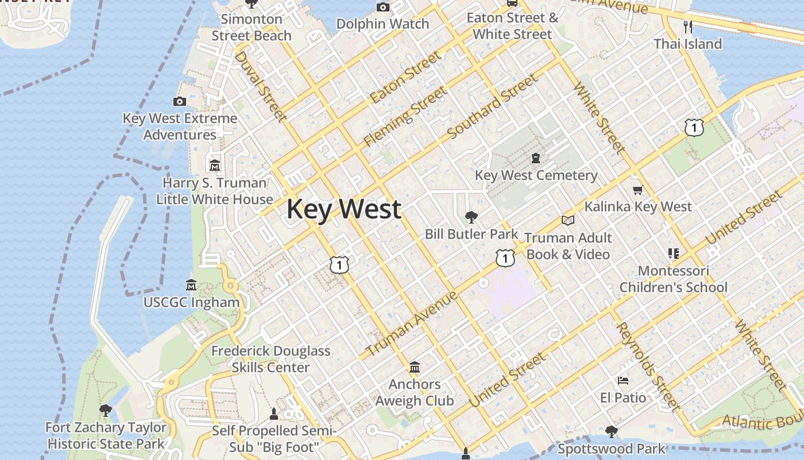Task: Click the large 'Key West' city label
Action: pyautogui.click(x=343, y=209)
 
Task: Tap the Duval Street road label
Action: pyautogui.click(x=260, y=87)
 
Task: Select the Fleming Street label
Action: pyautogui.click(x=405, y=116)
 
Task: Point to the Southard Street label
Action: pyautogui.click(x=492, y=106)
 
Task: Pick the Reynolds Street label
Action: pyautogui.click(x=647, y=366)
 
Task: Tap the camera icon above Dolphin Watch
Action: pyautogui.click(x=382, y=7)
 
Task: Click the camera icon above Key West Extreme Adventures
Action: pyautogui.click(x=180, y=102)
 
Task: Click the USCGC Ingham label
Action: pyautogui.click(x=191, y=302)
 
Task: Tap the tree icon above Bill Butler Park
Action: pyautogui.click(x=471, y=217)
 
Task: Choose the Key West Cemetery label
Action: pyautogui.click(x=536, y=175)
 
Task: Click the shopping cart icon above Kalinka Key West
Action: pyautogui.click(x=637, y=190)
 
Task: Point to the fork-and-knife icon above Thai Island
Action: pyautogui.click(x=687, y=26)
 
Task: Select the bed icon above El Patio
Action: pyautogui.click(x=623, y=381)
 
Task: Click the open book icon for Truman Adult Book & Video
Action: pyautogui.click(x=568, y=221)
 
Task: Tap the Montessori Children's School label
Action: pyautogui.click(x=673, y=279)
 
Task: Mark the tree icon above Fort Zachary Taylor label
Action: pyautogui.click(x=106, y=411)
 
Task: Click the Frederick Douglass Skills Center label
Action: pyautogui.click(x=270, y=359)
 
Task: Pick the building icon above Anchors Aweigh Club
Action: pyautogui.click(x=415, y=367)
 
